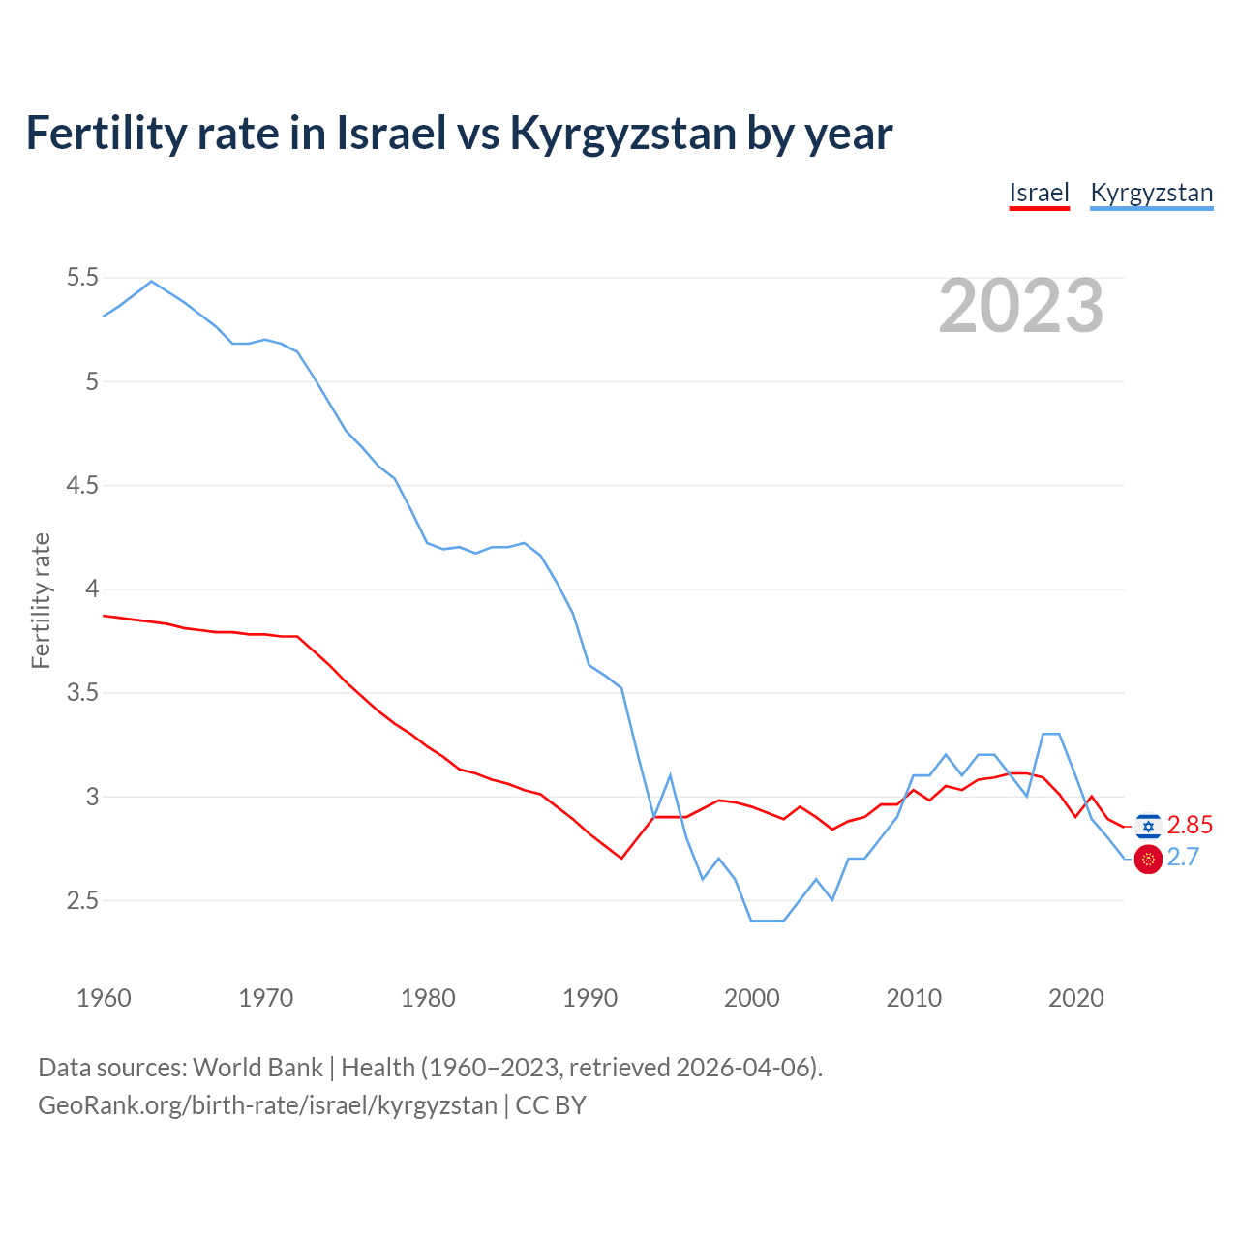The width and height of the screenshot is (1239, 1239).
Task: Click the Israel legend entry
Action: coord(1039,193)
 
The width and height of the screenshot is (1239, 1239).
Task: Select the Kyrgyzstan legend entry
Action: coord(1151,193)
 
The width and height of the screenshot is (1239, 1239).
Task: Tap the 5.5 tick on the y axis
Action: coord(82,278)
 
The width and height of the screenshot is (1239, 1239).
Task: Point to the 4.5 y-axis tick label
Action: coord(82,485)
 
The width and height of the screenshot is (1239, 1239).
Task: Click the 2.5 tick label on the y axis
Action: coord(82,901)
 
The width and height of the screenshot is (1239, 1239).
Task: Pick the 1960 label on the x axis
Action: coord(104,998)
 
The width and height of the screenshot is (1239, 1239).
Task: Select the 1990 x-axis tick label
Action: coord(589,998)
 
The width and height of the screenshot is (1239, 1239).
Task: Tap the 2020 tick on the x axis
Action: coord(1075,998)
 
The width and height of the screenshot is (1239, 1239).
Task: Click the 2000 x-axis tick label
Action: coord(751,998)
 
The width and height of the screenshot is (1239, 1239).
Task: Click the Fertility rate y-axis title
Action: coord(41,600)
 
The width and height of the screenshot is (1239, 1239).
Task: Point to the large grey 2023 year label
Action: coord(1020,306)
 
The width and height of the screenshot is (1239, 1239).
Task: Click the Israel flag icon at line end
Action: coord(1148,826)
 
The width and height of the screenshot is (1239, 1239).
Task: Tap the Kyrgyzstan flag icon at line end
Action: coord(1148,859)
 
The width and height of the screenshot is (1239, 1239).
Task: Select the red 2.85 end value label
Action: coord(1190,825)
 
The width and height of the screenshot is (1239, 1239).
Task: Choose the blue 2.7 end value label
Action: coord(1183,858)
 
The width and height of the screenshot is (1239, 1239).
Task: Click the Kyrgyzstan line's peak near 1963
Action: coord(151,281)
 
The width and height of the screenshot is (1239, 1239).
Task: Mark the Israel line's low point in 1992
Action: coord(621,859)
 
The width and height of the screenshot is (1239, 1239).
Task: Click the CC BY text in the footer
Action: coord(551,1105)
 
